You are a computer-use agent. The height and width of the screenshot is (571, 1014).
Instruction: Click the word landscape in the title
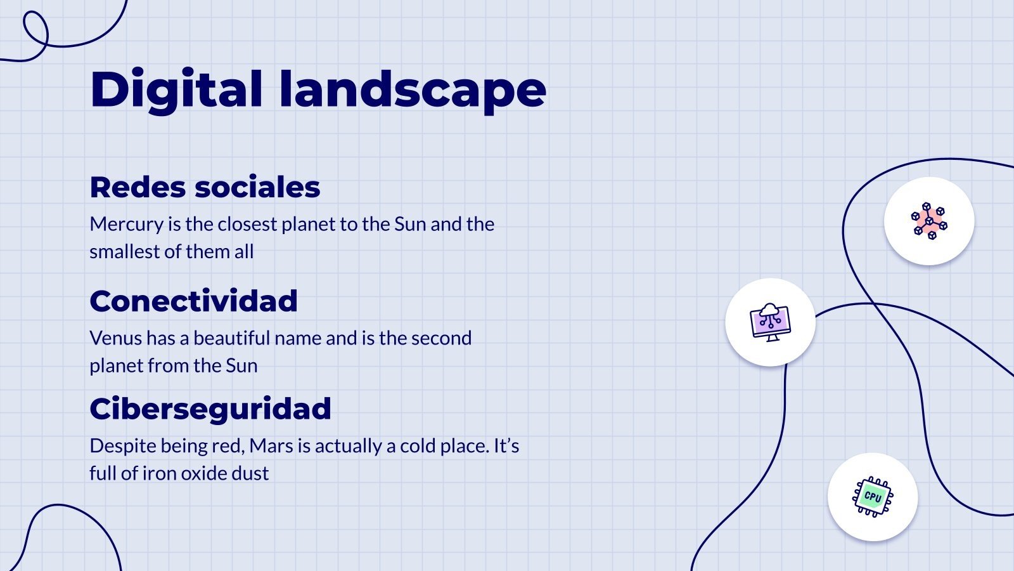tap(412, 89)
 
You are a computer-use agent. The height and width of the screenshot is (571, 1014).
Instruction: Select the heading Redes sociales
tap(205, 187)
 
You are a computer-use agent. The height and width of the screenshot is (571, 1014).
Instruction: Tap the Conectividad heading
tap(193, 301)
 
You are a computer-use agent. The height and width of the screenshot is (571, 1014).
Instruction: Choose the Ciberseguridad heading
tap(210, 409)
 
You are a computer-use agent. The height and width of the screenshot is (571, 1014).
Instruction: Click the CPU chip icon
tap(872, 497)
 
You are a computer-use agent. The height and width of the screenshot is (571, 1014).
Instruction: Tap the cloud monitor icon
tap(770, 322)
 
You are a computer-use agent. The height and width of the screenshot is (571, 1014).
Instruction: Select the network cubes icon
tap(928, 221)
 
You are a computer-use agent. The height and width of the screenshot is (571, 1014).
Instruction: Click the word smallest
tap(125, 252)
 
